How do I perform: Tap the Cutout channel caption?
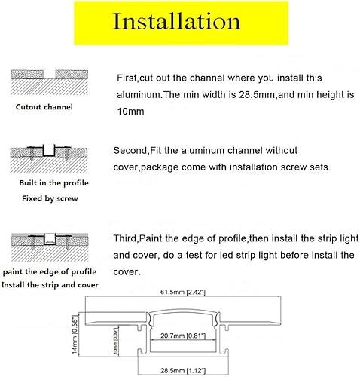tap(44, 106)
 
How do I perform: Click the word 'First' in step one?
tap(127, 78)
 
